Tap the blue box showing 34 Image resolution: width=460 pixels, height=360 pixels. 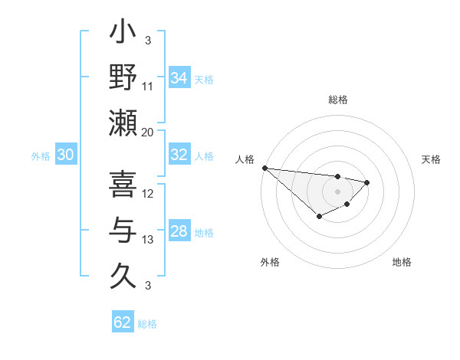[x=179, y=77]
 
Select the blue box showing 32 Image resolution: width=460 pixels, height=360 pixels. [x=179, y=155]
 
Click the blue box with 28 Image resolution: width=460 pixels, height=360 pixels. [x=179, y=231]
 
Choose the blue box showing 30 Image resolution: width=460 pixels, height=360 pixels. [x=65, y=155]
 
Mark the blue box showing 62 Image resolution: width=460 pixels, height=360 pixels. [x=123, y=322]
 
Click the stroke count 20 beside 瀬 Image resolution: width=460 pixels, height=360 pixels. [x=148, y=133]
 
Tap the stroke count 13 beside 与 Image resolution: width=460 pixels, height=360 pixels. [x=148, y=240]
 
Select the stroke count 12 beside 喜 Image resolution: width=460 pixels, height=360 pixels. [x=148, y=194]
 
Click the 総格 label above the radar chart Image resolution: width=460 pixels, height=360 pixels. [x=337, y=100]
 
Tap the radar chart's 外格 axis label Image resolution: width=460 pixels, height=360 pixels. [x=270, y=262]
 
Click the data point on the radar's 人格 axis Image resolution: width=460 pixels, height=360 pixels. [x=264, y=168]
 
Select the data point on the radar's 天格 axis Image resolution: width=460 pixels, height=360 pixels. [x=367, y=182]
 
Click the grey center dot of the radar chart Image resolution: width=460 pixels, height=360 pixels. [x=337, y=191]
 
